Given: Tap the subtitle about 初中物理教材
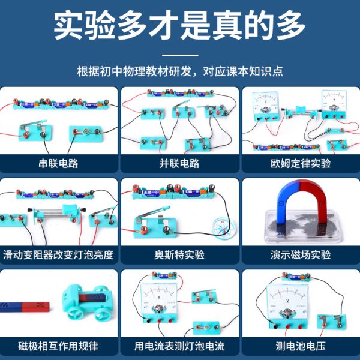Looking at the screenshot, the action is (180, 71).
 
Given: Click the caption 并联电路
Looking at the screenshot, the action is (179, 163).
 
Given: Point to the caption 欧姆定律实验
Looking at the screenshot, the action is (301, 163).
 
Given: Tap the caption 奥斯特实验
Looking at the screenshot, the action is (179, 254).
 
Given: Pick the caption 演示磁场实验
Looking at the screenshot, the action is (301, 254).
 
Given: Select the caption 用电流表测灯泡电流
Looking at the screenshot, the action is (179, 346).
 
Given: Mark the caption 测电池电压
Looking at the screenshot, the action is (301, 346).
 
